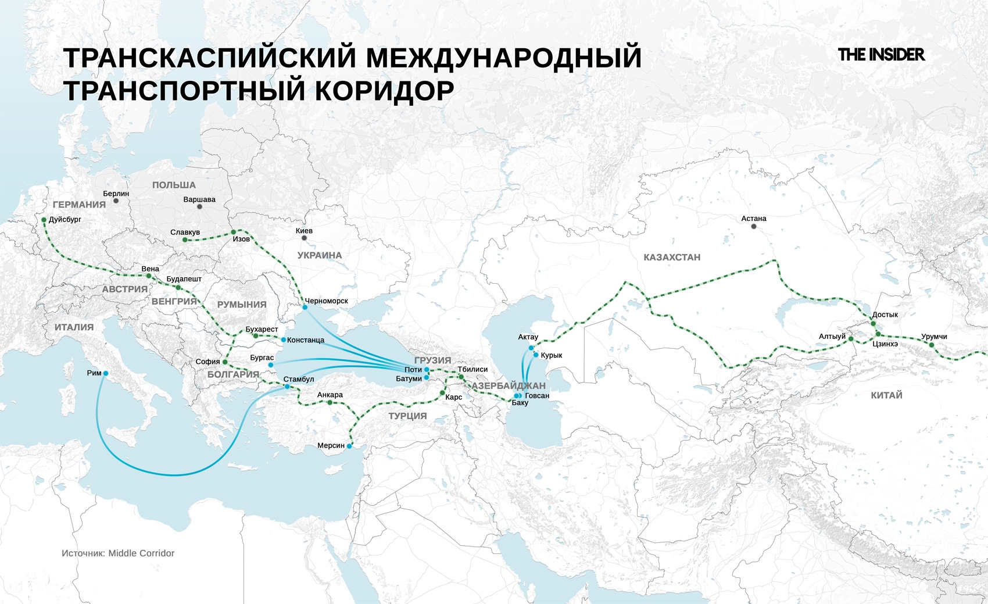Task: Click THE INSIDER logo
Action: (881, 55)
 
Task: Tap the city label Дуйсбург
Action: (65, 220)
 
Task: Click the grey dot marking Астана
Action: (754, 226)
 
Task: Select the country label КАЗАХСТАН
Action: (672, 258)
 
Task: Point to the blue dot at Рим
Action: (105, 373)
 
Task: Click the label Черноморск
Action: (327, 301)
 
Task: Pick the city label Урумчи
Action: (934, 337)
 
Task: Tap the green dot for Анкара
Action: (330, 402)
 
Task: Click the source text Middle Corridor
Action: (141, 553)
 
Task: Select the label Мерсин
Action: (331, 446)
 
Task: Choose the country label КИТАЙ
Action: (886, 395)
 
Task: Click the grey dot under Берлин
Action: (116, 201)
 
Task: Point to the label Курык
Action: (551, 355)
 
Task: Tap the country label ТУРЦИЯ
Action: (407, 416)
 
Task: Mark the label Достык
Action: (885, 314)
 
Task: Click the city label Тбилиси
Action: (472, 369)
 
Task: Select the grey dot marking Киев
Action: (304, 238)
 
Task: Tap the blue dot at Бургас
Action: (271, 365)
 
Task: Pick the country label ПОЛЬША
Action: (174, 185)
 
